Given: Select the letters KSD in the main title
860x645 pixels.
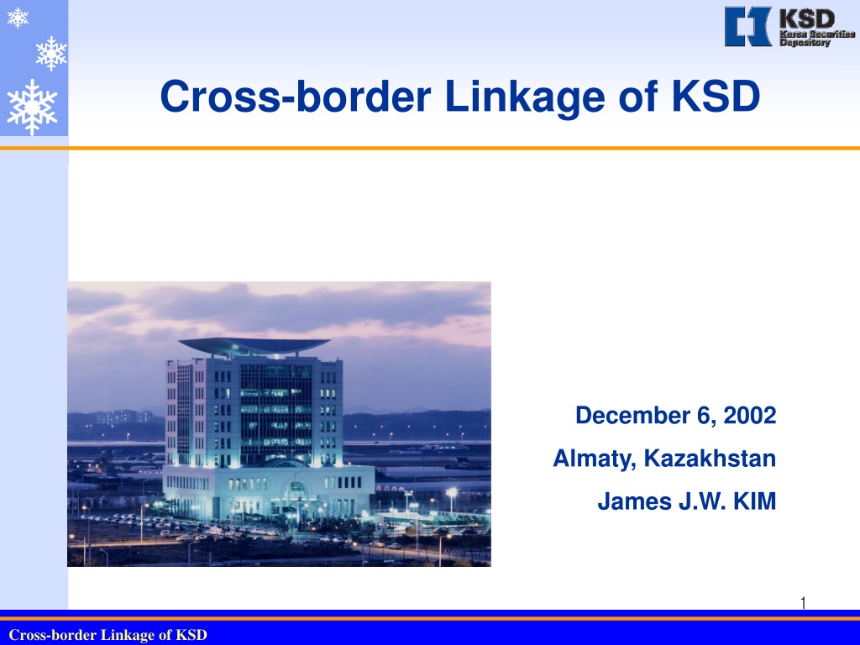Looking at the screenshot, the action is coord(716,96).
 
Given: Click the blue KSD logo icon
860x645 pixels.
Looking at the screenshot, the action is coord(747,26).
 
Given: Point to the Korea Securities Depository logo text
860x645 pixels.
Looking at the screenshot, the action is coord(817,38).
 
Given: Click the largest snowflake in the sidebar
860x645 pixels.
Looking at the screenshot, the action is coord(32,107).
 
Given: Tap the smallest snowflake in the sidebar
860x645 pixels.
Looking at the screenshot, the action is coord(18,18).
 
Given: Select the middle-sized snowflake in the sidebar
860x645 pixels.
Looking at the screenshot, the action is coord(51,53).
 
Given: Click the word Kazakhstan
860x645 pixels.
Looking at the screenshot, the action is coord(710,458).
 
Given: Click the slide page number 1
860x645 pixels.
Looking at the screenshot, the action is coord(803,603).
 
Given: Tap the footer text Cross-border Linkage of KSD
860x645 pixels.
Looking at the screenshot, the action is coord(108,635).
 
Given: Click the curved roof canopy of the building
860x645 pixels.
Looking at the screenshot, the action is coord(254,345).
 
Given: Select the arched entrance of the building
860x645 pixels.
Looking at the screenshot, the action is coord(295,496).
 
